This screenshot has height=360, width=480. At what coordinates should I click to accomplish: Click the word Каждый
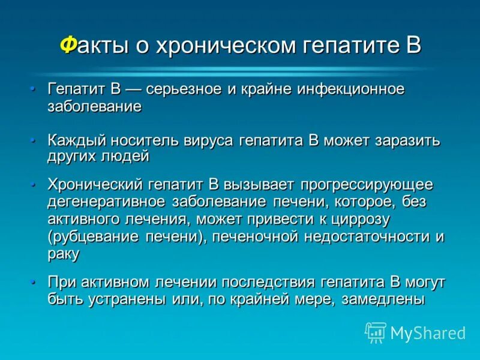(76, 141)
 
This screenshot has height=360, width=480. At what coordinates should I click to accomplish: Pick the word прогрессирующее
(367, 185)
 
